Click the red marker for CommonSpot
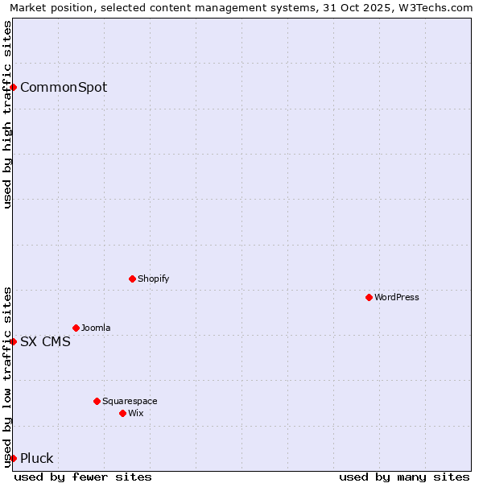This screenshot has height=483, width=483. pyautogui.click(x=14, y=87)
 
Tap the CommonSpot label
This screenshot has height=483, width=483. pyautogui.click(x=63, y=87)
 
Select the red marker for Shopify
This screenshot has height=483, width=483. pyautogui.click(x=132, y=279)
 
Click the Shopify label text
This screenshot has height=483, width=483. pyautogui.click(x=153, y=279)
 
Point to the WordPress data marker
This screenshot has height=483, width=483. pyautogui.click(x=369, y=297)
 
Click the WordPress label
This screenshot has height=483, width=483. pyautogui.click(x=396, y=297)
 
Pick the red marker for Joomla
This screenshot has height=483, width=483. pyautogui.click(x=76, y=328)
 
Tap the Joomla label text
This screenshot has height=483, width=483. pyautogui.click(x=96, y=328)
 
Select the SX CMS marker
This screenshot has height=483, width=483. pyautogui.click(x=14, y=341)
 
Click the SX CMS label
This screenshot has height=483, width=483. pyautogui.click(x=45, y=341)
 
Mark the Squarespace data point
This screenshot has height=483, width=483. pyautogui.click(x=97, y=401)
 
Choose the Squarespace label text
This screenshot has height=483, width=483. pyautogui.click(x=130, y=401)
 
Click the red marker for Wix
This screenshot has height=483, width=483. pyautogui.click(x=122, y=413)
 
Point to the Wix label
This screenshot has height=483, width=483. pyautogui.click(x=135, y=413)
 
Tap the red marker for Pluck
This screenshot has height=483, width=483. pyautogui.click(x=14, y=458)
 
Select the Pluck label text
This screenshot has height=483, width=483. pyautogui.click(x=36, y=458)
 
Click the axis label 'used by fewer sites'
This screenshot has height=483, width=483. pyautogui.click(x=83, y=477)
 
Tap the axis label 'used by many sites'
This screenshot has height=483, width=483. pyautogui.click(x=404, y=477)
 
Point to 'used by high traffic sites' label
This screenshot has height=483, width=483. pyautogui.click(x=7, y=114)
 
